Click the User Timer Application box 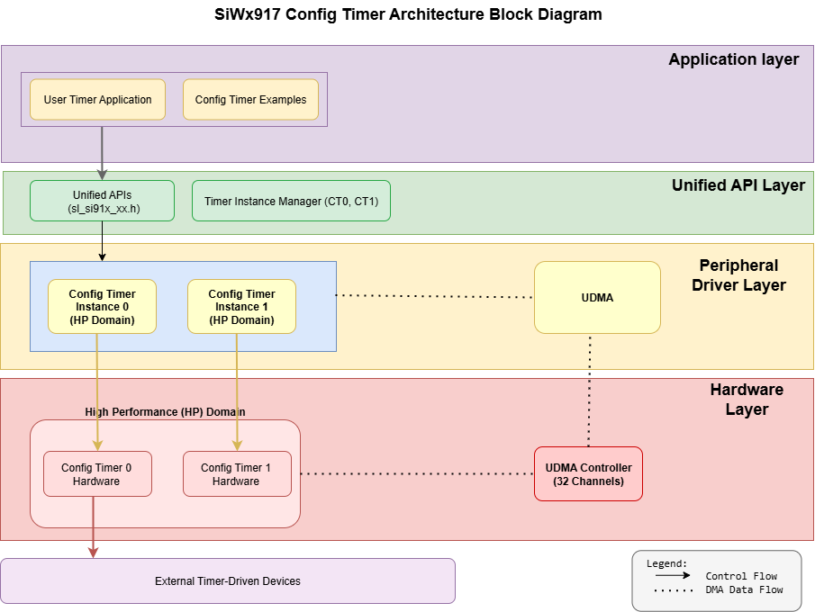click(x=97, y=100)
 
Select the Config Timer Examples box click(x=250, y=100)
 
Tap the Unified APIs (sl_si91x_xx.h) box click(x=102, y=201)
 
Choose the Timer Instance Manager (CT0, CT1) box click(x=291, y=201)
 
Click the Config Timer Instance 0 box click(x=102, y=307)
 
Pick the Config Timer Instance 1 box click(x=241, y=307)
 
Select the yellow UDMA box click(x=597, y=298)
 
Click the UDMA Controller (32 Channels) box click(x=588, y=474)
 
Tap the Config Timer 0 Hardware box click(x=97, y=474)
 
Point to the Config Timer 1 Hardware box click(x=237, y=474)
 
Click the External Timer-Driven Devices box click(x=227, y=581)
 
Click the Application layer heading click(x=733, y=59)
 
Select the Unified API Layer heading click(x=738, y=185)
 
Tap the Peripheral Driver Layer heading click(x=742, y=275)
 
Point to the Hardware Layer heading click(x=747, y=400)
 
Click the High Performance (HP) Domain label click(x=165, y=411)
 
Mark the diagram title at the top click(x=408, y=14)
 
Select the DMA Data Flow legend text click(x=744, y=590)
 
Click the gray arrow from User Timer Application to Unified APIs click(x=102, y=153)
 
